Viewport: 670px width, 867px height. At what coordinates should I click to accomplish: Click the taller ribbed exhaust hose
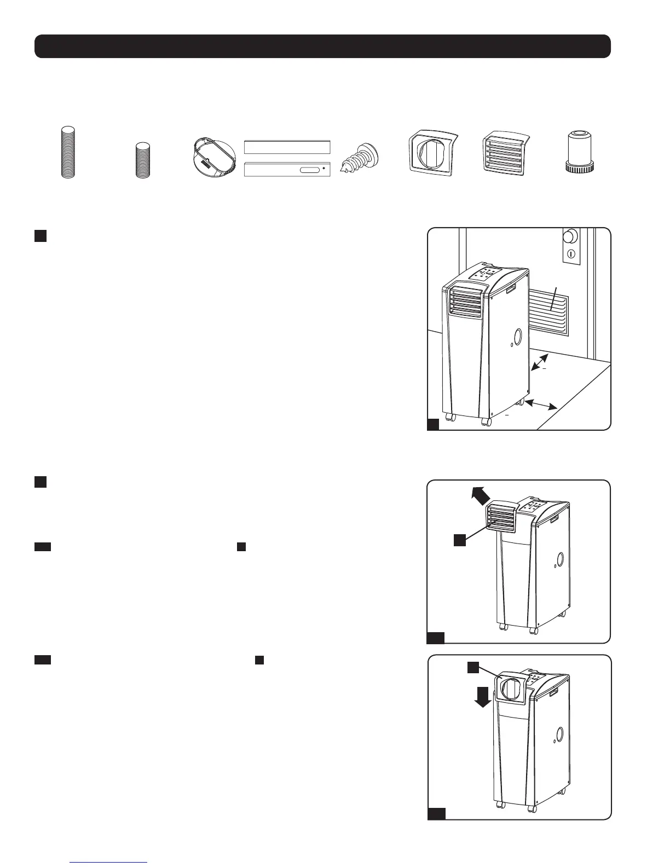(68, 152)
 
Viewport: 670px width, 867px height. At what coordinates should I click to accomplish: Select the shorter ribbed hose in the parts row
(143, 159)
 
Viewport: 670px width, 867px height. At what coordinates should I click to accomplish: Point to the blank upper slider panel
(287, 147)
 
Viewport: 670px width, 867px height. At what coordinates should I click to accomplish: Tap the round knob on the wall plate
(571, 236)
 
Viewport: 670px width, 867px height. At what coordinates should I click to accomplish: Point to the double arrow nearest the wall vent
(540, 363)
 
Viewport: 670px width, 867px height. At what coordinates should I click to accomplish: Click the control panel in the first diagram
(483, 274)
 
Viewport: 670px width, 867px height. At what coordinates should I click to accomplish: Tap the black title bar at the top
(322, 46)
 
